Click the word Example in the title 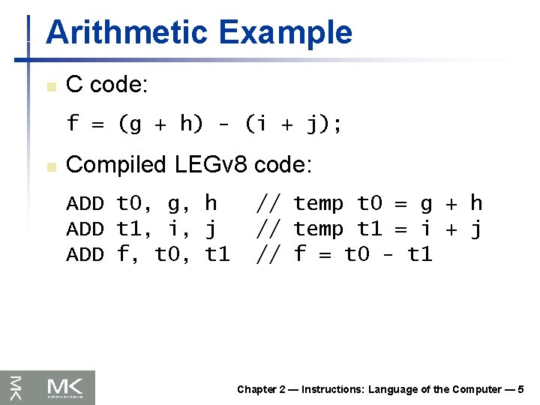coord(285,33)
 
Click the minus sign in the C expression coord(224,124)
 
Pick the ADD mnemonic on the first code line coord(85,204)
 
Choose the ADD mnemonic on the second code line coord(85,229)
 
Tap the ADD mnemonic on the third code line coord(85,255)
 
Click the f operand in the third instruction coord(123,255)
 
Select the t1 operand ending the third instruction coord(217,255)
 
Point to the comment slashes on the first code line coord(268,204)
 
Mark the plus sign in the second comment coord(451,229)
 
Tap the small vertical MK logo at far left coord(16,387)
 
